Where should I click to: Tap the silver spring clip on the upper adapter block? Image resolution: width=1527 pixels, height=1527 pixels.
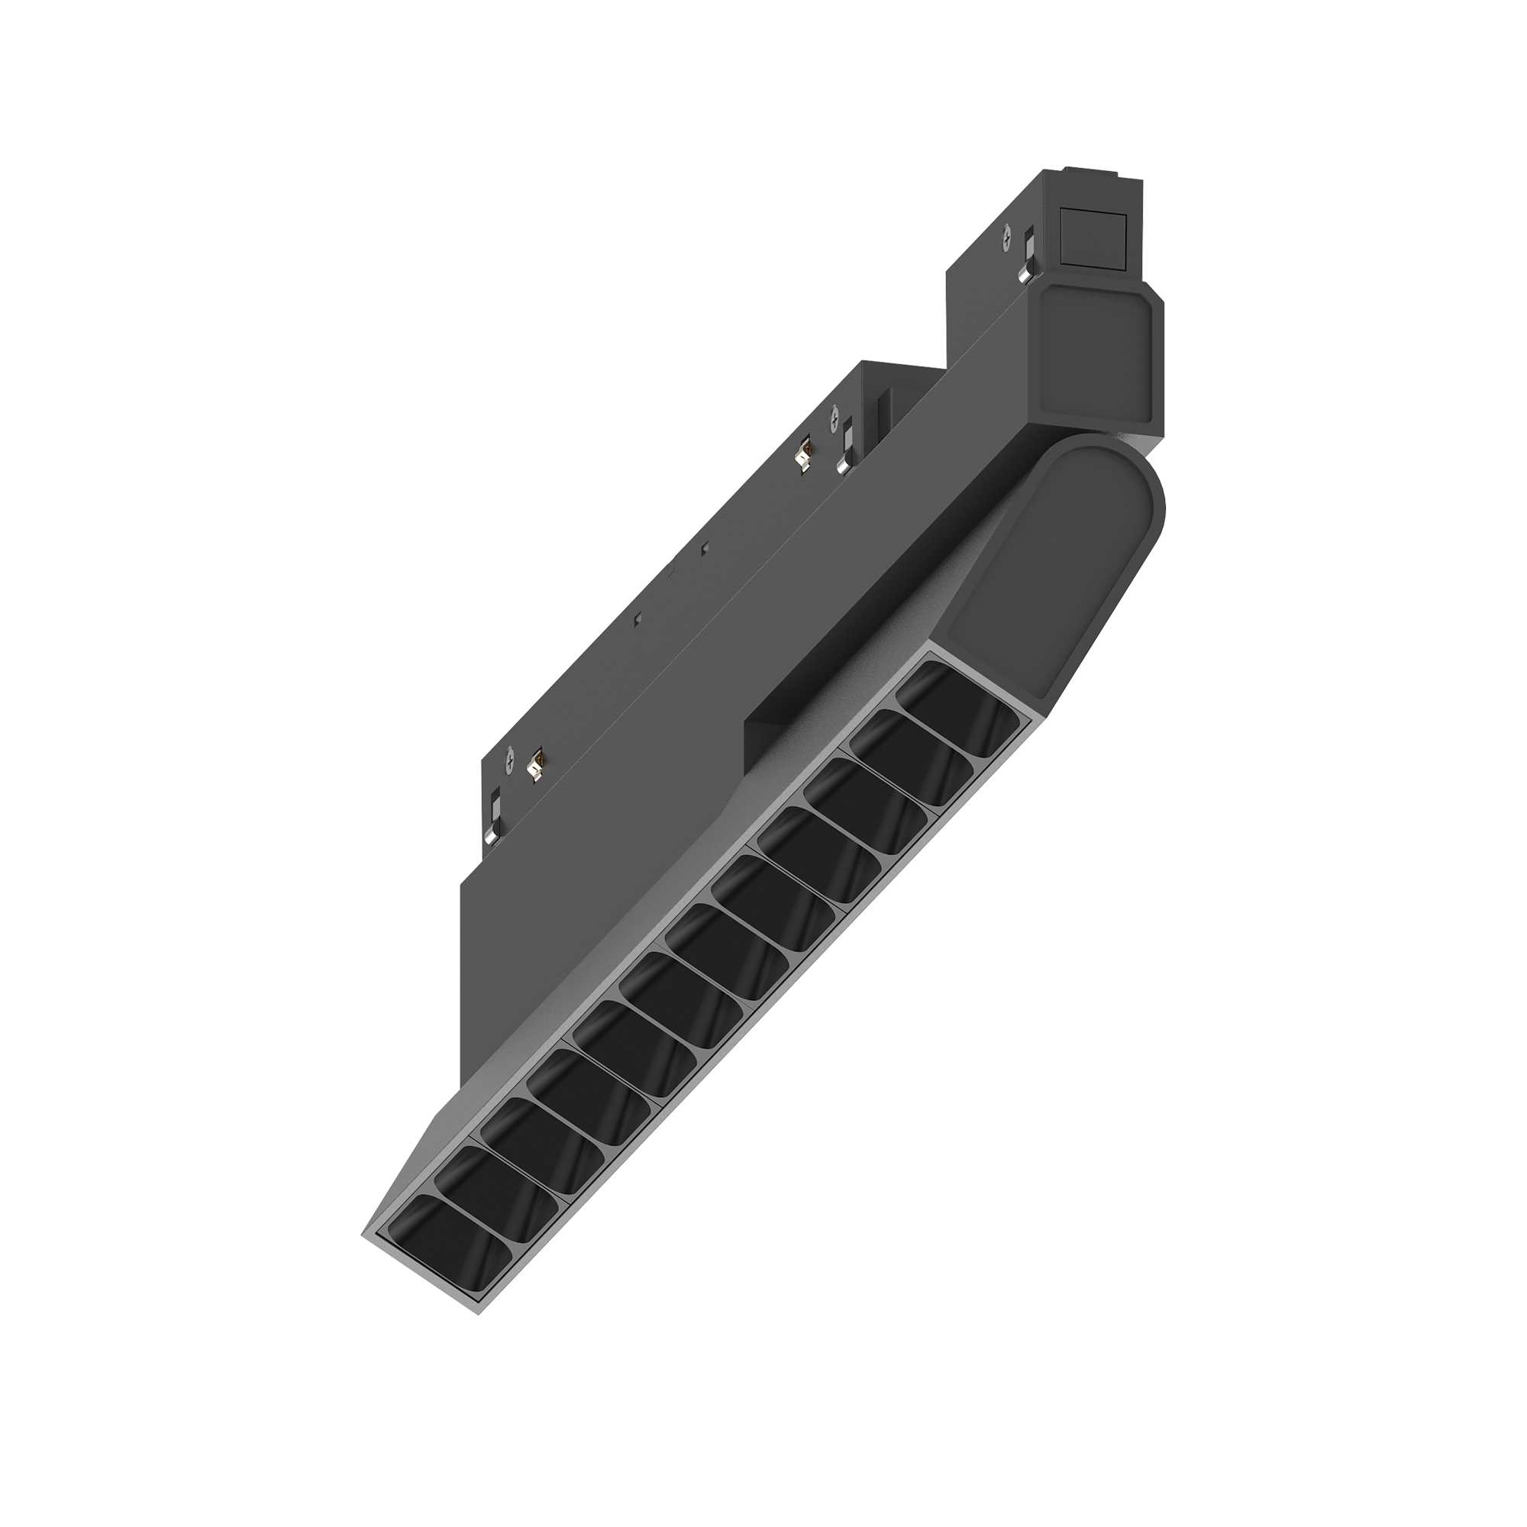point(1027,255)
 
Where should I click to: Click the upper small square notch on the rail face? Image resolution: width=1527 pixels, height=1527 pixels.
point(705,546)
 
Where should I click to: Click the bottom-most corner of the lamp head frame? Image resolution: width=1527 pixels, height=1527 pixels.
point(479,1312)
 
